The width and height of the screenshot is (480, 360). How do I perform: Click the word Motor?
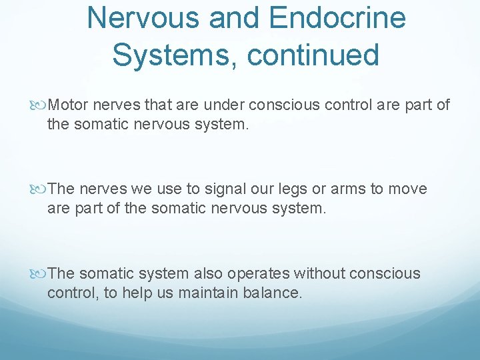pyautogui.click(x=69, y=105)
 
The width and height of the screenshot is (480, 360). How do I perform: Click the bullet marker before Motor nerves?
pyautogui.click(x=42, y=105)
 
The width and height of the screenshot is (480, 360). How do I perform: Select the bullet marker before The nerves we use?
pyautogui.click(x=42, y=189)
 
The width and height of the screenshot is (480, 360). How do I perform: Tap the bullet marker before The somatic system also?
pyautogui.click(x=42, y=273)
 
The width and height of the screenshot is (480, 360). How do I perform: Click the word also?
pyautogui.click(x=209, y=273)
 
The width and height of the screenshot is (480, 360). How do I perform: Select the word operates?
pyautogui.click(x=259, y=273)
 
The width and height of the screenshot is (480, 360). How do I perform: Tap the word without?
pyautogui.click(x=319, y=273)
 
